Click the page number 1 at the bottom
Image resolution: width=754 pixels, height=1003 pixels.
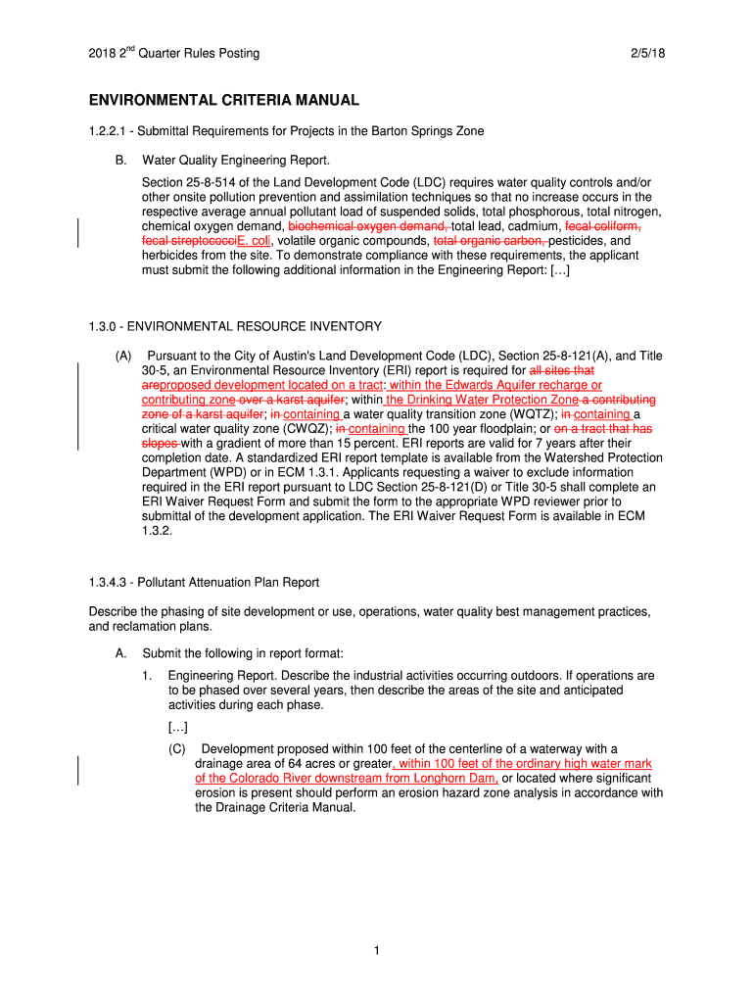pyautogui.click(x=377, y=949)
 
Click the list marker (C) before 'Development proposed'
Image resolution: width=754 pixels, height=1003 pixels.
pyautogui.click(x=177, y=749)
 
